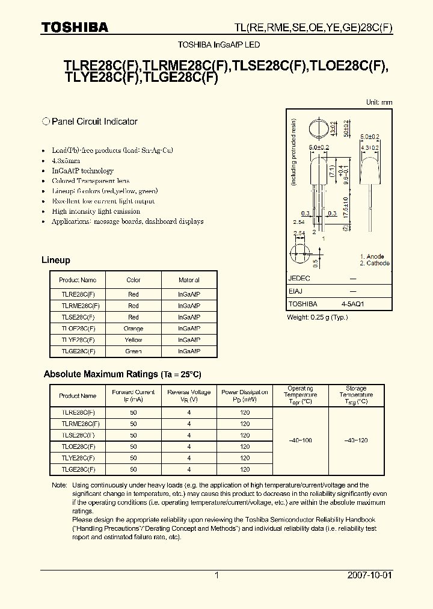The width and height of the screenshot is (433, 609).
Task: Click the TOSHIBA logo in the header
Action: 75,28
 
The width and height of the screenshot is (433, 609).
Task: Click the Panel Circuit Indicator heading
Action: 94,122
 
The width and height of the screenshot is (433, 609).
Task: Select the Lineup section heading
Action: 56,261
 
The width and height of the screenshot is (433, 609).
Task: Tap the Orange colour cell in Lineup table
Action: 134,329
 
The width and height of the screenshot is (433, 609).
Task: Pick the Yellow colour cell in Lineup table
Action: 134,340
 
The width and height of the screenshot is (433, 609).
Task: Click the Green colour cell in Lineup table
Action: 134,351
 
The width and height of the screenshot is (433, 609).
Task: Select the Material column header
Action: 189,280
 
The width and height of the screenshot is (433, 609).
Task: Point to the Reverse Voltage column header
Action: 189,395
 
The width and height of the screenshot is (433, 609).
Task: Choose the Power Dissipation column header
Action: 245,395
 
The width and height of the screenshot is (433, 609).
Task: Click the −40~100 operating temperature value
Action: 300,441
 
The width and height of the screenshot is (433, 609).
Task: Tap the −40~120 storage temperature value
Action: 356,441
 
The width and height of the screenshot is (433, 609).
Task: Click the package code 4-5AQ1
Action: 352,304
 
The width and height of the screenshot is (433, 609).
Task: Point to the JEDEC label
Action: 299,279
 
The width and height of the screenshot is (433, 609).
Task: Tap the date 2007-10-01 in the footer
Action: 370,575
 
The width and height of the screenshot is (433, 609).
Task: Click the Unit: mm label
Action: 379,102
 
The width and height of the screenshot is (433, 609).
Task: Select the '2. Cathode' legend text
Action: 375,263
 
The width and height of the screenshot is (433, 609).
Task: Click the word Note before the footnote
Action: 59,485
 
